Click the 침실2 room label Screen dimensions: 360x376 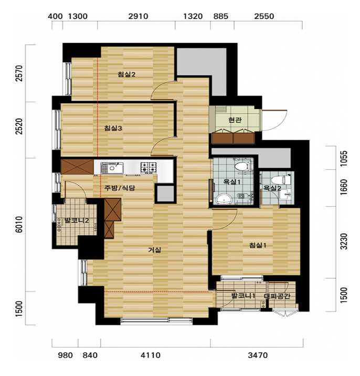pos(126,74)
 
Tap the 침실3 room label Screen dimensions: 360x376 pos(113,128)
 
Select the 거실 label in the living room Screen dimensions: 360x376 pos(155,250)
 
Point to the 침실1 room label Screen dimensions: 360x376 pos(258,245)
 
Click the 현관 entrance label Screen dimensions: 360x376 pos(235,120)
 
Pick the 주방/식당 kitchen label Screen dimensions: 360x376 pos(120,188)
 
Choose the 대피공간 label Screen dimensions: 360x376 pos(277,296)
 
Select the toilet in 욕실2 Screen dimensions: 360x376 pos(279,180)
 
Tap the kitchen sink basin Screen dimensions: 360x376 pos(112,168)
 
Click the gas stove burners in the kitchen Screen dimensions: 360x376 pos(149,167)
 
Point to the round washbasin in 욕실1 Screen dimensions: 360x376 pos(224,199)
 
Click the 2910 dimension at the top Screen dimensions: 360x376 pos(138,16)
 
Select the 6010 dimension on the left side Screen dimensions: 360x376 pos(19,224)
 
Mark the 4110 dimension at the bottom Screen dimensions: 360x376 pos(151,355)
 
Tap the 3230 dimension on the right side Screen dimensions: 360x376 pos(344,241)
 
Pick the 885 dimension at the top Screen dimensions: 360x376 pos(220,16)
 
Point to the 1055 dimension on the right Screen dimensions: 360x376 pos(344,158)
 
